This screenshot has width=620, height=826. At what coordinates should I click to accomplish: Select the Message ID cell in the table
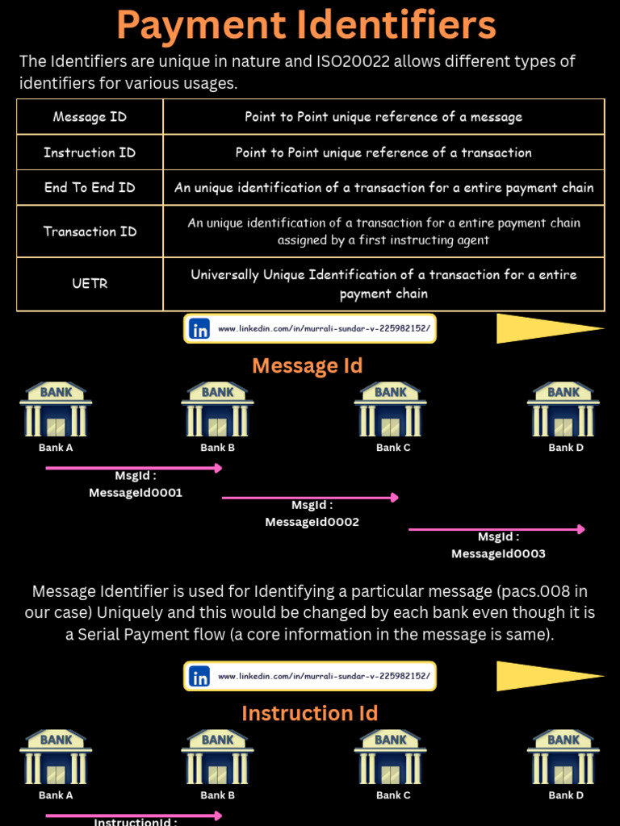click(90, 117)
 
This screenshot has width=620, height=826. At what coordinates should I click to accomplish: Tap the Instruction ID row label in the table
click(90, 152)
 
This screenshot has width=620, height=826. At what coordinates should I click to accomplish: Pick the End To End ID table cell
click(90, 187)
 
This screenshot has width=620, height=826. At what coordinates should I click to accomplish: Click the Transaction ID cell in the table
click(90, 232)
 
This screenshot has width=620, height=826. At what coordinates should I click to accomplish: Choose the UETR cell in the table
click(90, 284)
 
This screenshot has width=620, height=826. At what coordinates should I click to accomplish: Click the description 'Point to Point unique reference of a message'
click(383, 117)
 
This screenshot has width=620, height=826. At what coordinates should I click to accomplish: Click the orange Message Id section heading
click(308, 366)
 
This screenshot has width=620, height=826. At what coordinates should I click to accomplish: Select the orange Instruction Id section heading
click(309, 714)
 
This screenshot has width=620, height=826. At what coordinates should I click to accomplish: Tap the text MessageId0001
click(136, 493)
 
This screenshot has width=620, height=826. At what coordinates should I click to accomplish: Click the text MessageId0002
click(312, 523)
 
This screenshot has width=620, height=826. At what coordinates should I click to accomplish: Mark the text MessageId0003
click(498, 554)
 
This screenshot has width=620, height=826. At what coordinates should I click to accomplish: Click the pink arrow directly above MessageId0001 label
click(133, 468)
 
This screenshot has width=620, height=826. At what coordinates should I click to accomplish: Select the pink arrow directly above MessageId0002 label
click(310, 498)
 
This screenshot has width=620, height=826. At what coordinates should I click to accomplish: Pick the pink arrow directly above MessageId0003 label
click(496, 529)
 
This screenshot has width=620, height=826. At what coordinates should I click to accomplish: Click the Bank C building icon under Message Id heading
click(391, 409)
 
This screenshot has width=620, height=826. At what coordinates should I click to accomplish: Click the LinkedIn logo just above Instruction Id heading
click(199, 677)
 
